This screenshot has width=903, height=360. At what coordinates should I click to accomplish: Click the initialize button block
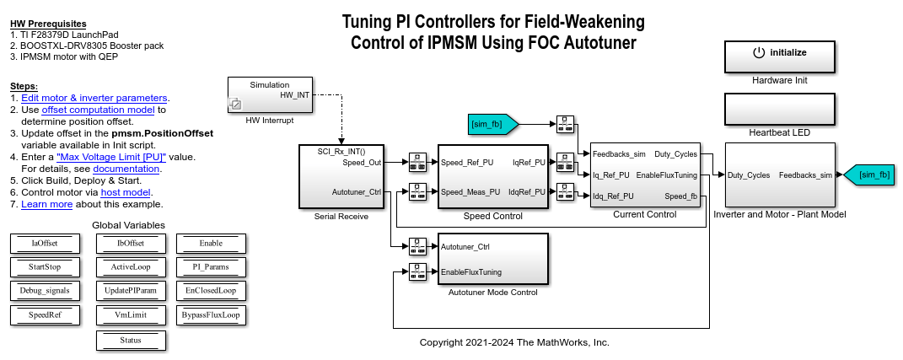pyautogui.click(x=779, y=56)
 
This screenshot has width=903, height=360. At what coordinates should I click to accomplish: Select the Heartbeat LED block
pyautogui.click(x=779, y=110)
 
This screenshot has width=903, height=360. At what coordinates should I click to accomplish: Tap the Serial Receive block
pyautogui.click(x=341, y=175)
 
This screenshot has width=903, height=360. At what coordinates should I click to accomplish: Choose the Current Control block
pyautogui.click(x=645, y=175)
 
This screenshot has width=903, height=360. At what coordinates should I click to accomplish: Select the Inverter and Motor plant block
pyautogui.click(x=779, y=175)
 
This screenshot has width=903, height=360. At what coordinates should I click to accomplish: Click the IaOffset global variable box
pyautogui.click(x=46, y=244)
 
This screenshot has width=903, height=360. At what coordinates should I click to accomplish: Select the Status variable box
pyautogui.click(x=131, y=340)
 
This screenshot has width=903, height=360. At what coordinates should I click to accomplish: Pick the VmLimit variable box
pyautogui.click(x=131, y=315)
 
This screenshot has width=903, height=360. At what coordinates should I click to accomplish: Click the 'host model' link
pyautogui.click(x=132, y=192)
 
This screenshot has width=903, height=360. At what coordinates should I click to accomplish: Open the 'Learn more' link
pyautogui.click(x=46, y=204)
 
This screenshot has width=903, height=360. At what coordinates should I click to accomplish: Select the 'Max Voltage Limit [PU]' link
pyautogui.click(x=110, y=157)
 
